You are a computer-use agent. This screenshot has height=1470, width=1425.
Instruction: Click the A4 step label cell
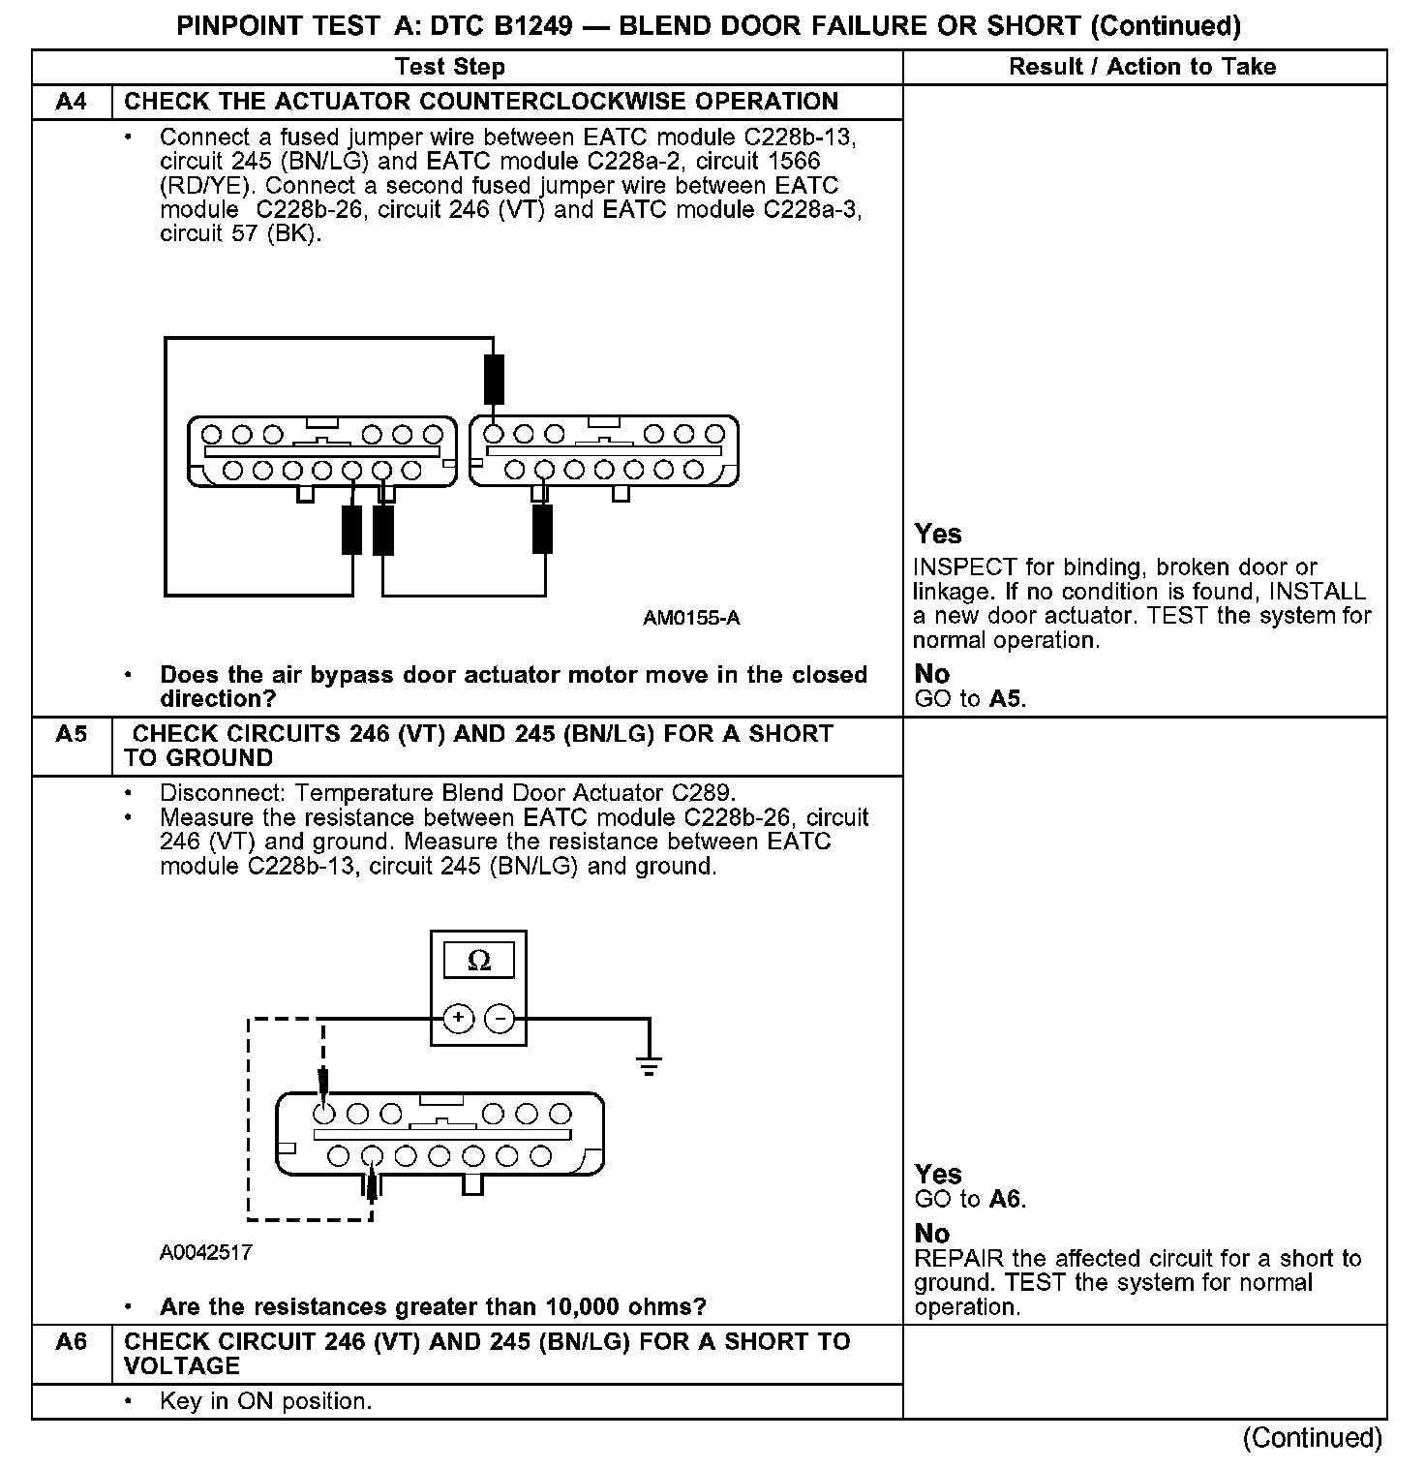tap(72, 102)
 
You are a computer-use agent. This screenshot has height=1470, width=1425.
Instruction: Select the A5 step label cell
tap(72, 734)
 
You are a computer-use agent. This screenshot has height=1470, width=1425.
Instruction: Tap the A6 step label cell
tap(72, 1342)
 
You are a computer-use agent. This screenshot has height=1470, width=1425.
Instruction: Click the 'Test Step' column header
tap(450, 67)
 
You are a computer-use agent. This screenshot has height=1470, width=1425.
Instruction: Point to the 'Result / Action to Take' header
tap(1142, 67)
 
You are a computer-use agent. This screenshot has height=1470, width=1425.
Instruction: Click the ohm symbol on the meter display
tap(478, 961)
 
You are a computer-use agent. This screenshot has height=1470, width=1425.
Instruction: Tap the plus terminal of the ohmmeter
tap(458, 1018)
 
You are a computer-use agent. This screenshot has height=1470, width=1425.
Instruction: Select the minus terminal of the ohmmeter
tap(500, 1018)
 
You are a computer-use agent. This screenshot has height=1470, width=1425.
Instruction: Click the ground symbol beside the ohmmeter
tap(649, 1065)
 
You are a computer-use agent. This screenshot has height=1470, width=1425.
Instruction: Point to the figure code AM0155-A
tap(691, 618)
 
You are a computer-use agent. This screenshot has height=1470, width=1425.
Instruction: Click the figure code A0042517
tap(206, 1252)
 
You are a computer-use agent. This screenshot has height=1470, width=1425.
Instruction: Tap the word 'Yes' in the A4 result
tap(938, 535)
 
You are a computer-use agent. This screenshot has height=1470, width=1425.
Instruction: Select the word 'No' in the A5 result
tap(932, 1234)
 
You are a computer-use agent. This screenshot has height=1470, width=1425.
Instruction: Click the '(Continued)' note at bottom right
tap(1313, 1438)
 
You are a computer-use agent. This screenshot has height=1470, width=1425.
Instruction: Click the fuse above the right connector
tap(494, 379)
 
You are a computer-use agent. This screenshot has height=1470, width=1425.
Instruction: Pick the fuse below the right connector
tap(543, 529)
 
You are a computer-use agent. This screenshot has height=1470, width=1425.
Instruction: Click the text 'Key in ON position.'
tap(265, 1401)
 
